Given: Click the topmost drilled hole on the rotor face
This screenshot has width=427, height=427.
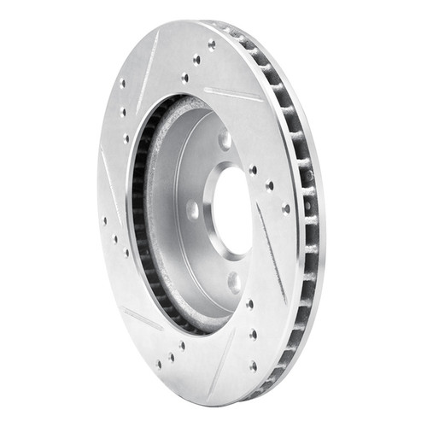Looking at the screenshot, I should coord(211,44).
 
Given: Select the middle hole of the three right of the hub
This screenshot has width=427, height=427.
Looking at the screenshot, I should coord(270,185).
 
